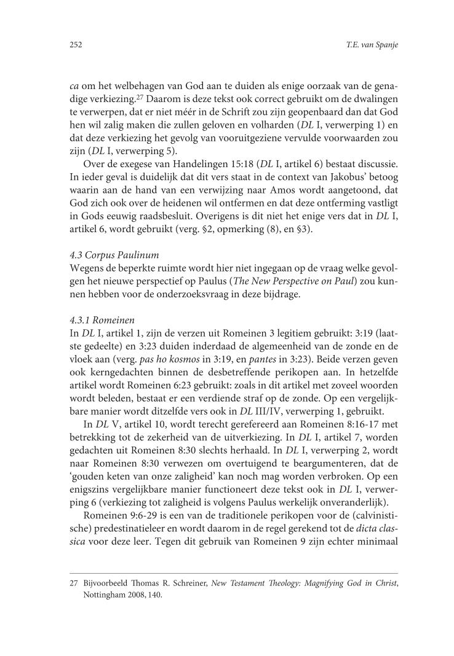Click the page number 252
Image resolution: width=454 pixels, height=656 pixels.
76,45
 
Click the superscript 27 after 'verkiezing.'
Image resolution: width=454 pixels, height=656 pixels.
140,96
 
